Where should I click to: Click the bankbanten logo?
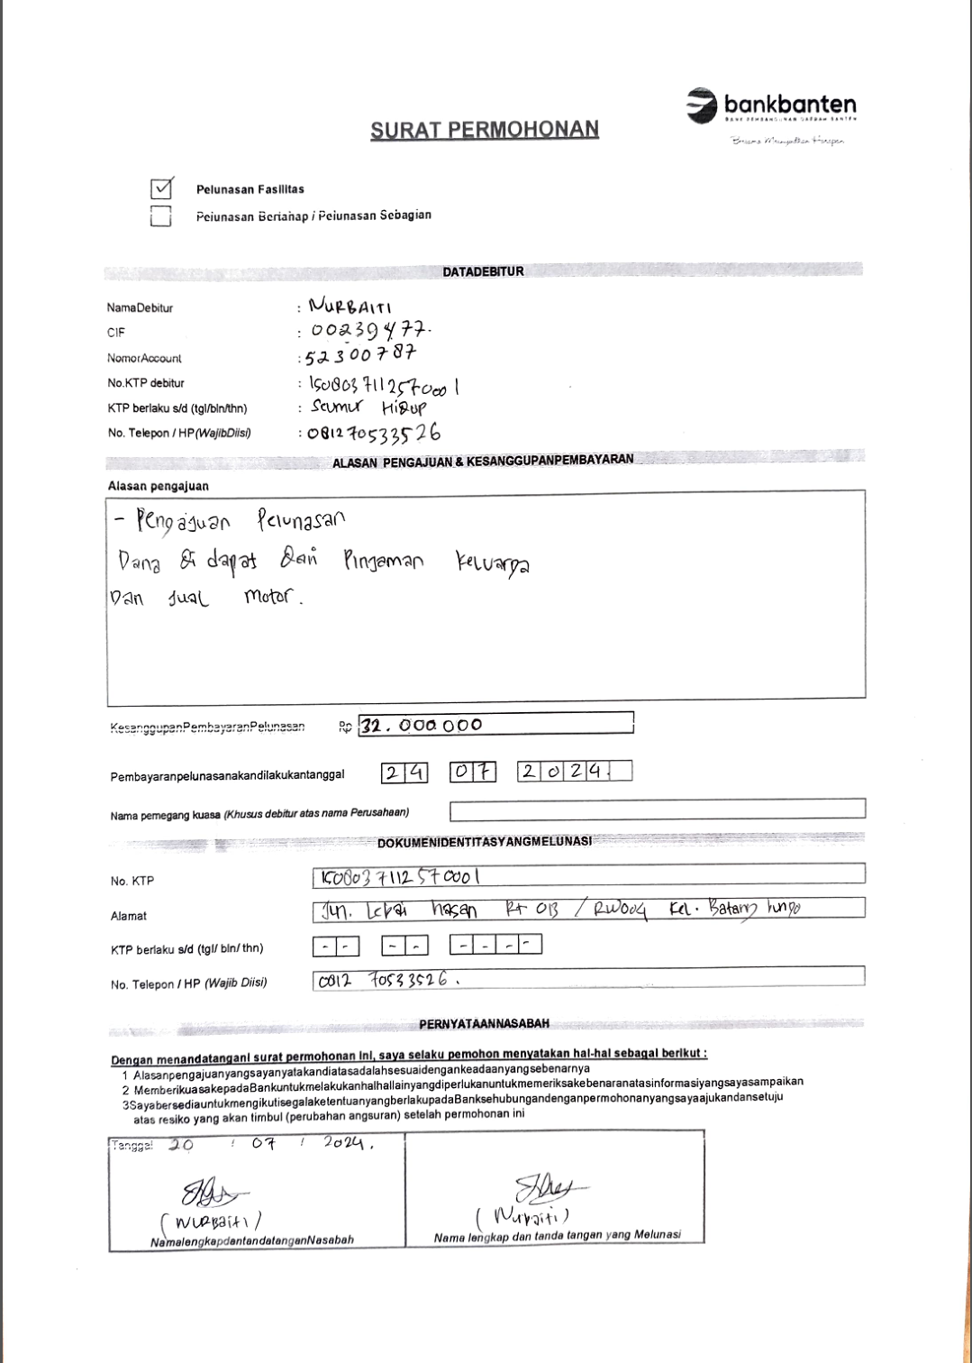pyautogui.click(x=771, y=105)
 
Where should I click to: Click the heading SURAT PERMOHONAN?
pyautogui.click(x=485, y=130)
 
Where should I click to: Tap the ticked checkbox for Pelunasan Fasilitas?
pyautogui.click(x=161, y=188)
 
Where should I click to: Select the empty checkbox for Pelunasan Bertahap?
pyautogui.click(x=161, y=215)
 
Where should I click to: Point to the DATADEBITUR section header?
pyautogui.click(x=483, y=271)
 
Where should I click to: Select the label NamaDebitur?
pyautogui.click(x=140, y=308)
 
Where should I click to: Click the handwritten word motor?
pyautogui.click(x=270, y=597)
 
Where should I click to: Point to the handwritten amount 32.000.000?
pyautogui.click(x=422, y=725)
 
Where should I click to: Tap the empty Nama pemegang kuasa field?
pyautogui.click(x=657, y=810)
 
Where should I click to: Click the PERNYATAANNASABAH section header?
pyautogui.click(x=484, y=1024)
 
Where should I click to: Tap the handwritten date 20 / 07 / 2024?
pyautogui.click(x=270, y=1145)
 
